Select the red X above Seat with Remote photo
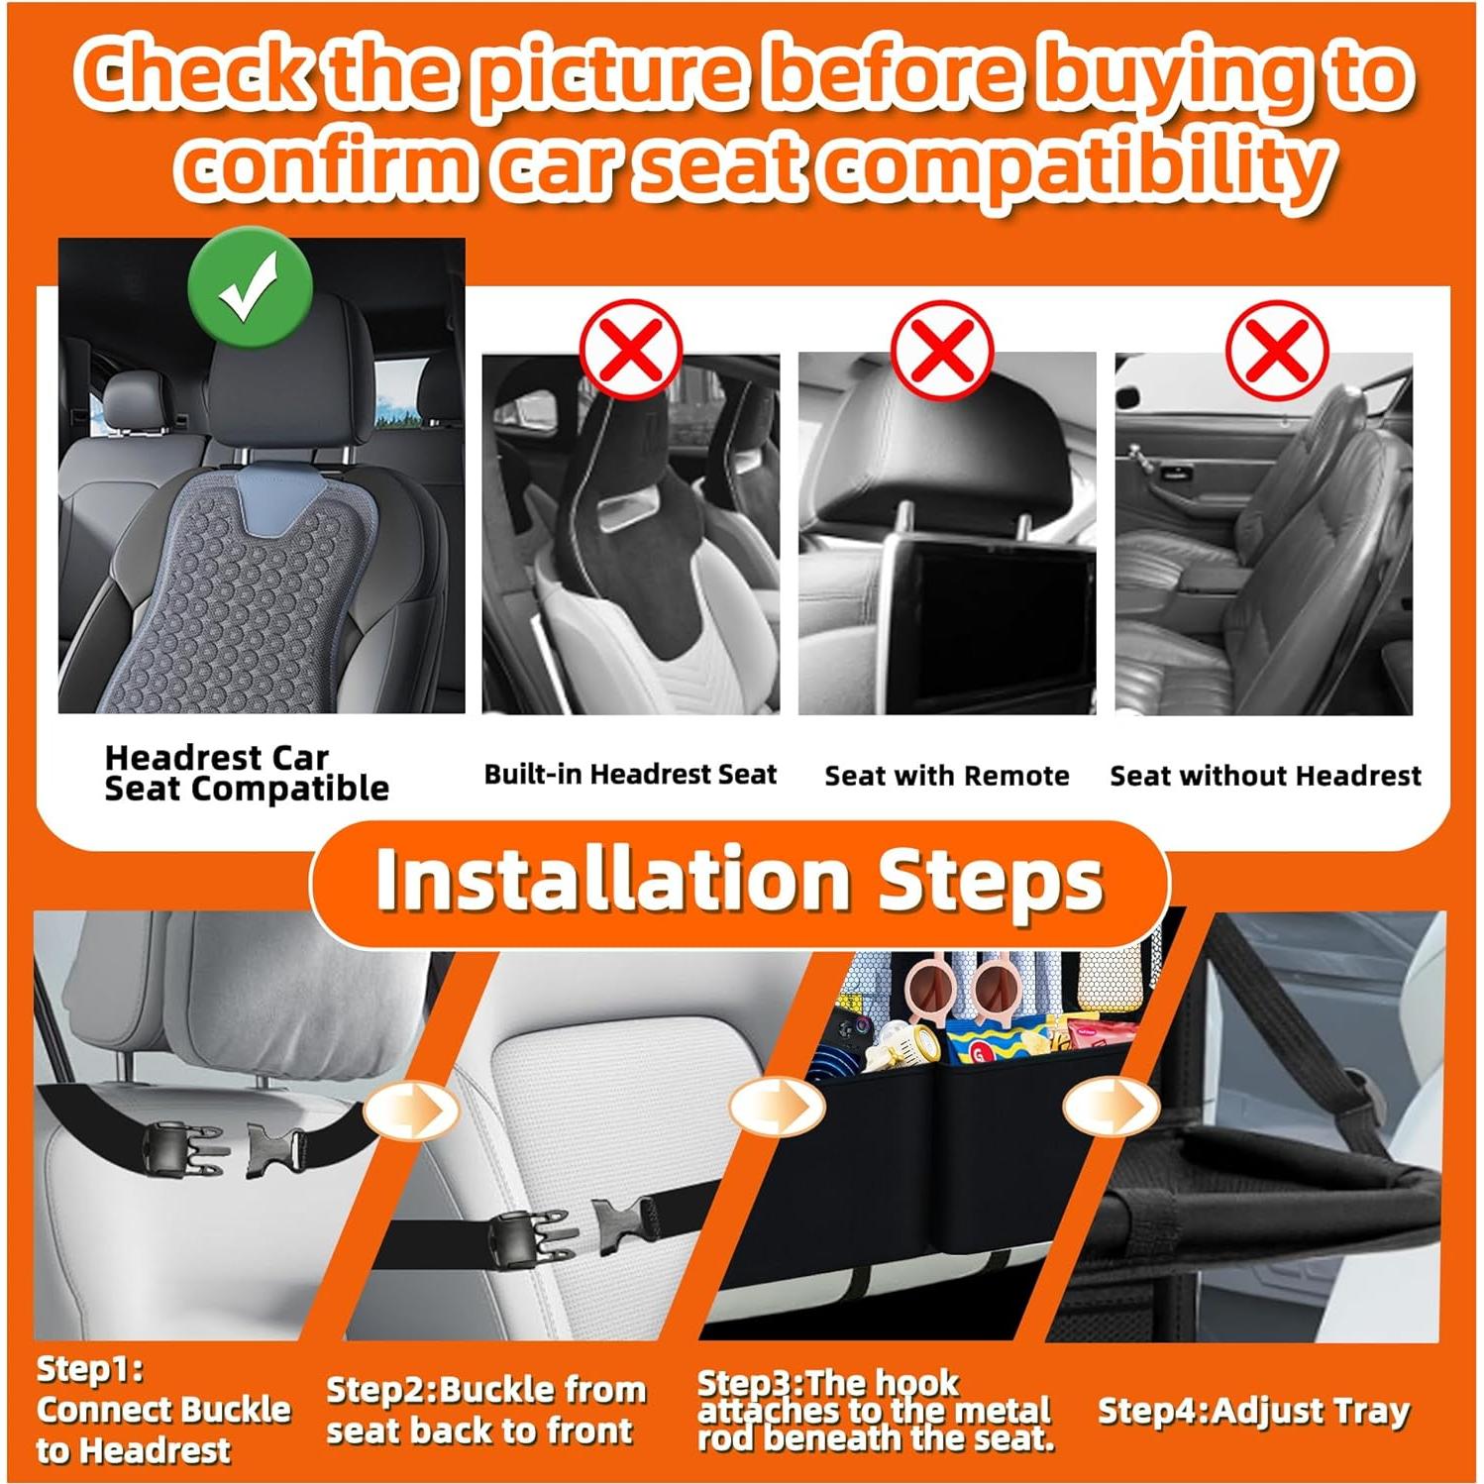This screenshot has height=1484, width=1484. pyautogui.click(x=942, y=350)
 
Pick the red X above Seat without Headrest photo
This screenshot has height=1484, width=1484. pyautogui.click(x=1277, y=350)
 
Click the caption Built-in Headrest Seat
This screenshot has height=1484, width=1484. pyautogui.click(x=631, y=775)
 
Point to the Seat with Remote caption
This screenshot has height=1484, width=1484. pyautogui.click(x=947, y=776)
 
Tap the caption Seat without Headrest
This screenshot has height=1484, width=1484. pyautogui.click(x=1266, y=776)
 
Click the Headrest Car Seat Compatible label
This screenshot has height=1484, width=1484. pyautogui.click(x=247, y=774)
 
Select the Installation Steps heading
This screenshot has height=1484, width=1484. pyautogui.click(x=739, y=880)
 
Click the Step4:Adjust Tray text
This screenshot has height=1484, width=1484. pyautogui.click(x=1253, y=1411)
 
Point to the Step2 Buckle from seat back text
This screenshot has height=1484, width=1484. pyautogui.click(x=485, y=1411)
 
